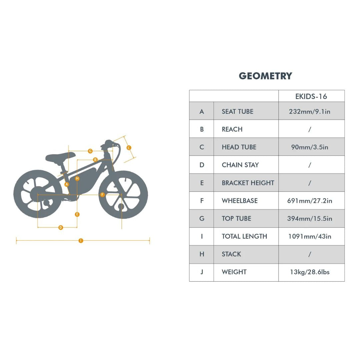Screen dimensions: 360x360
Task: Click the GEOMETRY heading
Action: [x=265, y=76]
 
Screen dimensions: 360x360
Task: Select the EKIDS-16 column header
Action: [x=311, y=96]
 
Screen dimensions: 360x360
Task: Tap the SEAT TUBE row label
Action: [x=237, y=111]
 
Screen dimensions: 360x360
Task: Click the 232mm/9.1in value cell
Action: [x=309, y=111]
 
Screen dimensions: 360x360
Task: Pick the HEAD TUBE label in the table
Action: [x=239, y=147]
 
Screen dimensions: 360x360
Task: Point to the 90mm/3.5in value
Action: [x=309, y=147]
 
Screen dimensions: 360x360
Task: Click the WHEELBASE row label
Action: [x=239, y=201]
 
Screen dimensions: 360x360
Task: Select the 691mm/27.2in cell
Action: [x=309, y=201]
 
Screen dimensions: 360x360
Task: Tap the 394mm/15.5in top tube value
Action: [x=309, y=219]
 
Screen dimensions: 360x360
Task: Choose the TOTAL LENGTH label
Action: [x=244, y=236]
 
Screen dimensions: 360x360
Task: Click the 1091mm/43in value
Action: [x=309, y=236]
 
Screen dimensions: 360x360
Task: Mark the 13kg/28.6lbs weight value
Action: [x=309, y=272]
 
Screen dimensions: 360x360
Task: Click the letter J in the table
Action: [x=202, y=272]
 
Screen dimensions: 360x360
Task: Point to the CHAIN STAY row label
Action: [x=240, y=165]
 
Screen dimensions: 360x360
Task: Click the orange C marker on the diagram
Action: [x=129, y=148]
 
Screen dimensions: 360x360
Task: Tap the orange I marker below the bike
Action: [x=81, y=241]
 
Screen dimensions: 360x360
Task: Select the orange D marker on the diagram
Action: [x=61, y=228]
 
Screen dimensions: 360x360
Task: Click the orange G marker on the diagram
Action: [x=90, y=151]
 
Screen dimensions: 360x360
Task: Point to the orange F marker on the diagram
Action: [x=102, y=195]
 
